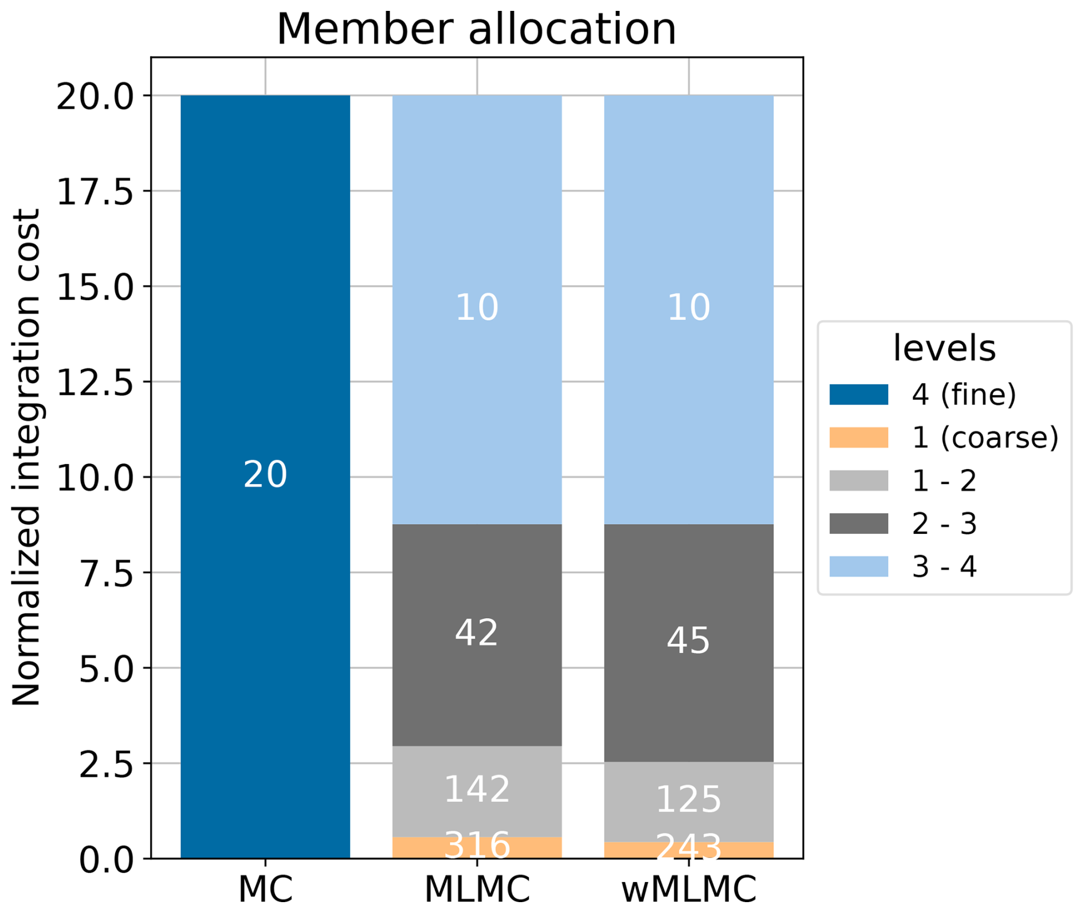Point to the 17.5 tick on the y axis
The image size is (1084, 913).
point(96,192)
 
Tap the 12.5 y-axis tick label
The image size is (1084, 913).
point(96,382)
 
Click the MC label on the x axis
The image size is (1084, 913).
point(265,888)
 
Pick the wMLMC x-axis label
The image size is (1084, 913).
point(689,888)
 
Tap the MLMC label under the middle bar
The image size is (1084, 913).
point(477,888)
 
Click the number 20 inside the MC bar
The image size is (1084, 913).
point(265,474)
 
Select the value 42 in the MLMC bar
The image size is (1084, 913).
point(477,633)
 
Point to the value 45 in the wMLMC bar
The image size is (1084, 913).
point(688,640)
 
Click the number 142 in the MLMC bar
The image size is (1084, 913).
point(477,789)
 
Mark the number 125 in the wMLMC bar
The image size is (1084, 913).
point(688,799)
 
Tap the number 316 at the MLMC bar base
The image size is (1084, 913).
point(477,845)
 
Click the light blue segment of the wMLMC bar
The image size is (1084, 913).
point(689,229)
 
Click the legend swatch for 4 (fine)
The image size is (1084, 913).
point(858,395)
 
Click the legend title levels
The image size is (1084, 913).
point(944,348)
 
